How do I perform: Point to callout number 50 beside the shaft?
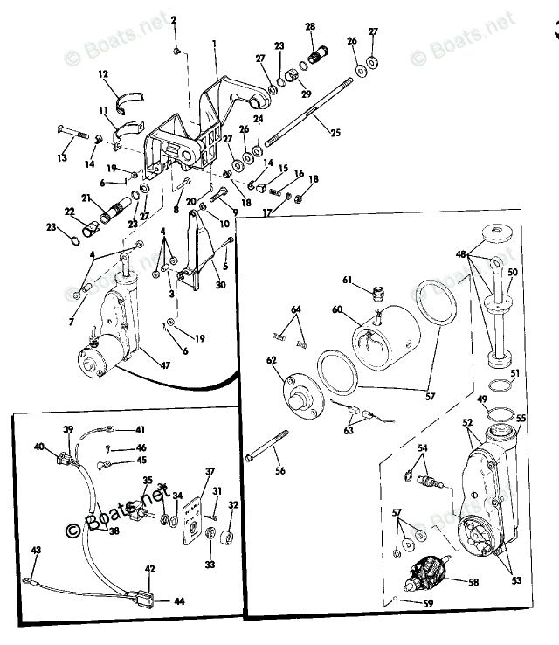point(514,273)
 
